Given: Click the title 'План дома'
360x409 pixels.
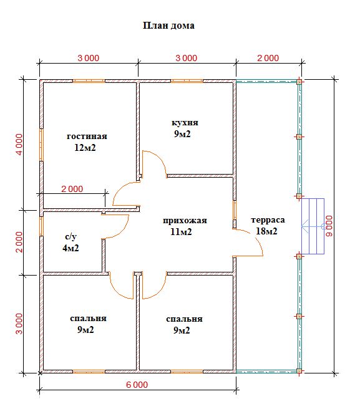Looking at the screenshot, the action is click(168, 26).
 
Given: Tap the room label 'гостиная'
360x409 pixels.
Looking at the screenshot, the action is click(87, 136).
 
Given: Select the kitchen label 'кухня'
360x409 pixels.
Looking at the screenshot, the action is click(185, 123).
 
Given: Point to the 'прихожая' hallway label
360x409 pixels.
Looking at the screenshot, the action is click(185, 221).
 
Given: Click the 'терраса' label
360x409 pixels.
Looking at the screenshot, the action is click(268, 220).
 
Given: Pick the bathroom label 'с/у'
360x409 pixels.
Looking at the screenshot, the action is click(71, 236).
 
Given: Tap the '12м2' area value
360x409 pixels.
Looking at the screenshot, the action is click(85, 148).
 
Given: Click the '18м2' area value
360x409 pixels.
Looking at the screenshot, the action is click(266, 231).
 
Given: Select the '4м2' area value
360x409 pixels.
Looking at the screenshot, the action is click(71, 248).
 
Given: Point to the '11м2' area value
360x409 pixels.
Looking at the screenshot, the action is click(181, 232).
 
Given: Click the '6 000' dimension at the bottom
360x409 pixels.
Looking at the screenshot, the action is click(137, 385).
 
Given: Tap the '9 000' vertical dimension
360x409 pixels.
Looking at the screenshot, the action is click(329, 226).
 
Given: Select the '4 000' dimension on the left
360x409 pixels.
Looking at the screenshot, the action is click(19, 145).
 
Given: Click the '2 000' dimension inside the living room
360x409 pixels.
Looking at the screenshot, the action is click(72, 189).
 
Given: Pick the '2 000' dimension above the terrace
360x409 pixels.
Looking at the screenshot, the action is click(268, 58).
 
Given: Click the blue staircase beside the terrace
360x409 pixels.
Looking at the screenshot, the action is click(313, 226).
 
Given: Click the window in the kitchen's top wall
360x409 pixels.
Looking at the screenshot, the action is click(187, 81).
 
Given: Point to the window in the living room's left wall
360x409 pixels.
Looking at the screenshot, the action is click(41, 145).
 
